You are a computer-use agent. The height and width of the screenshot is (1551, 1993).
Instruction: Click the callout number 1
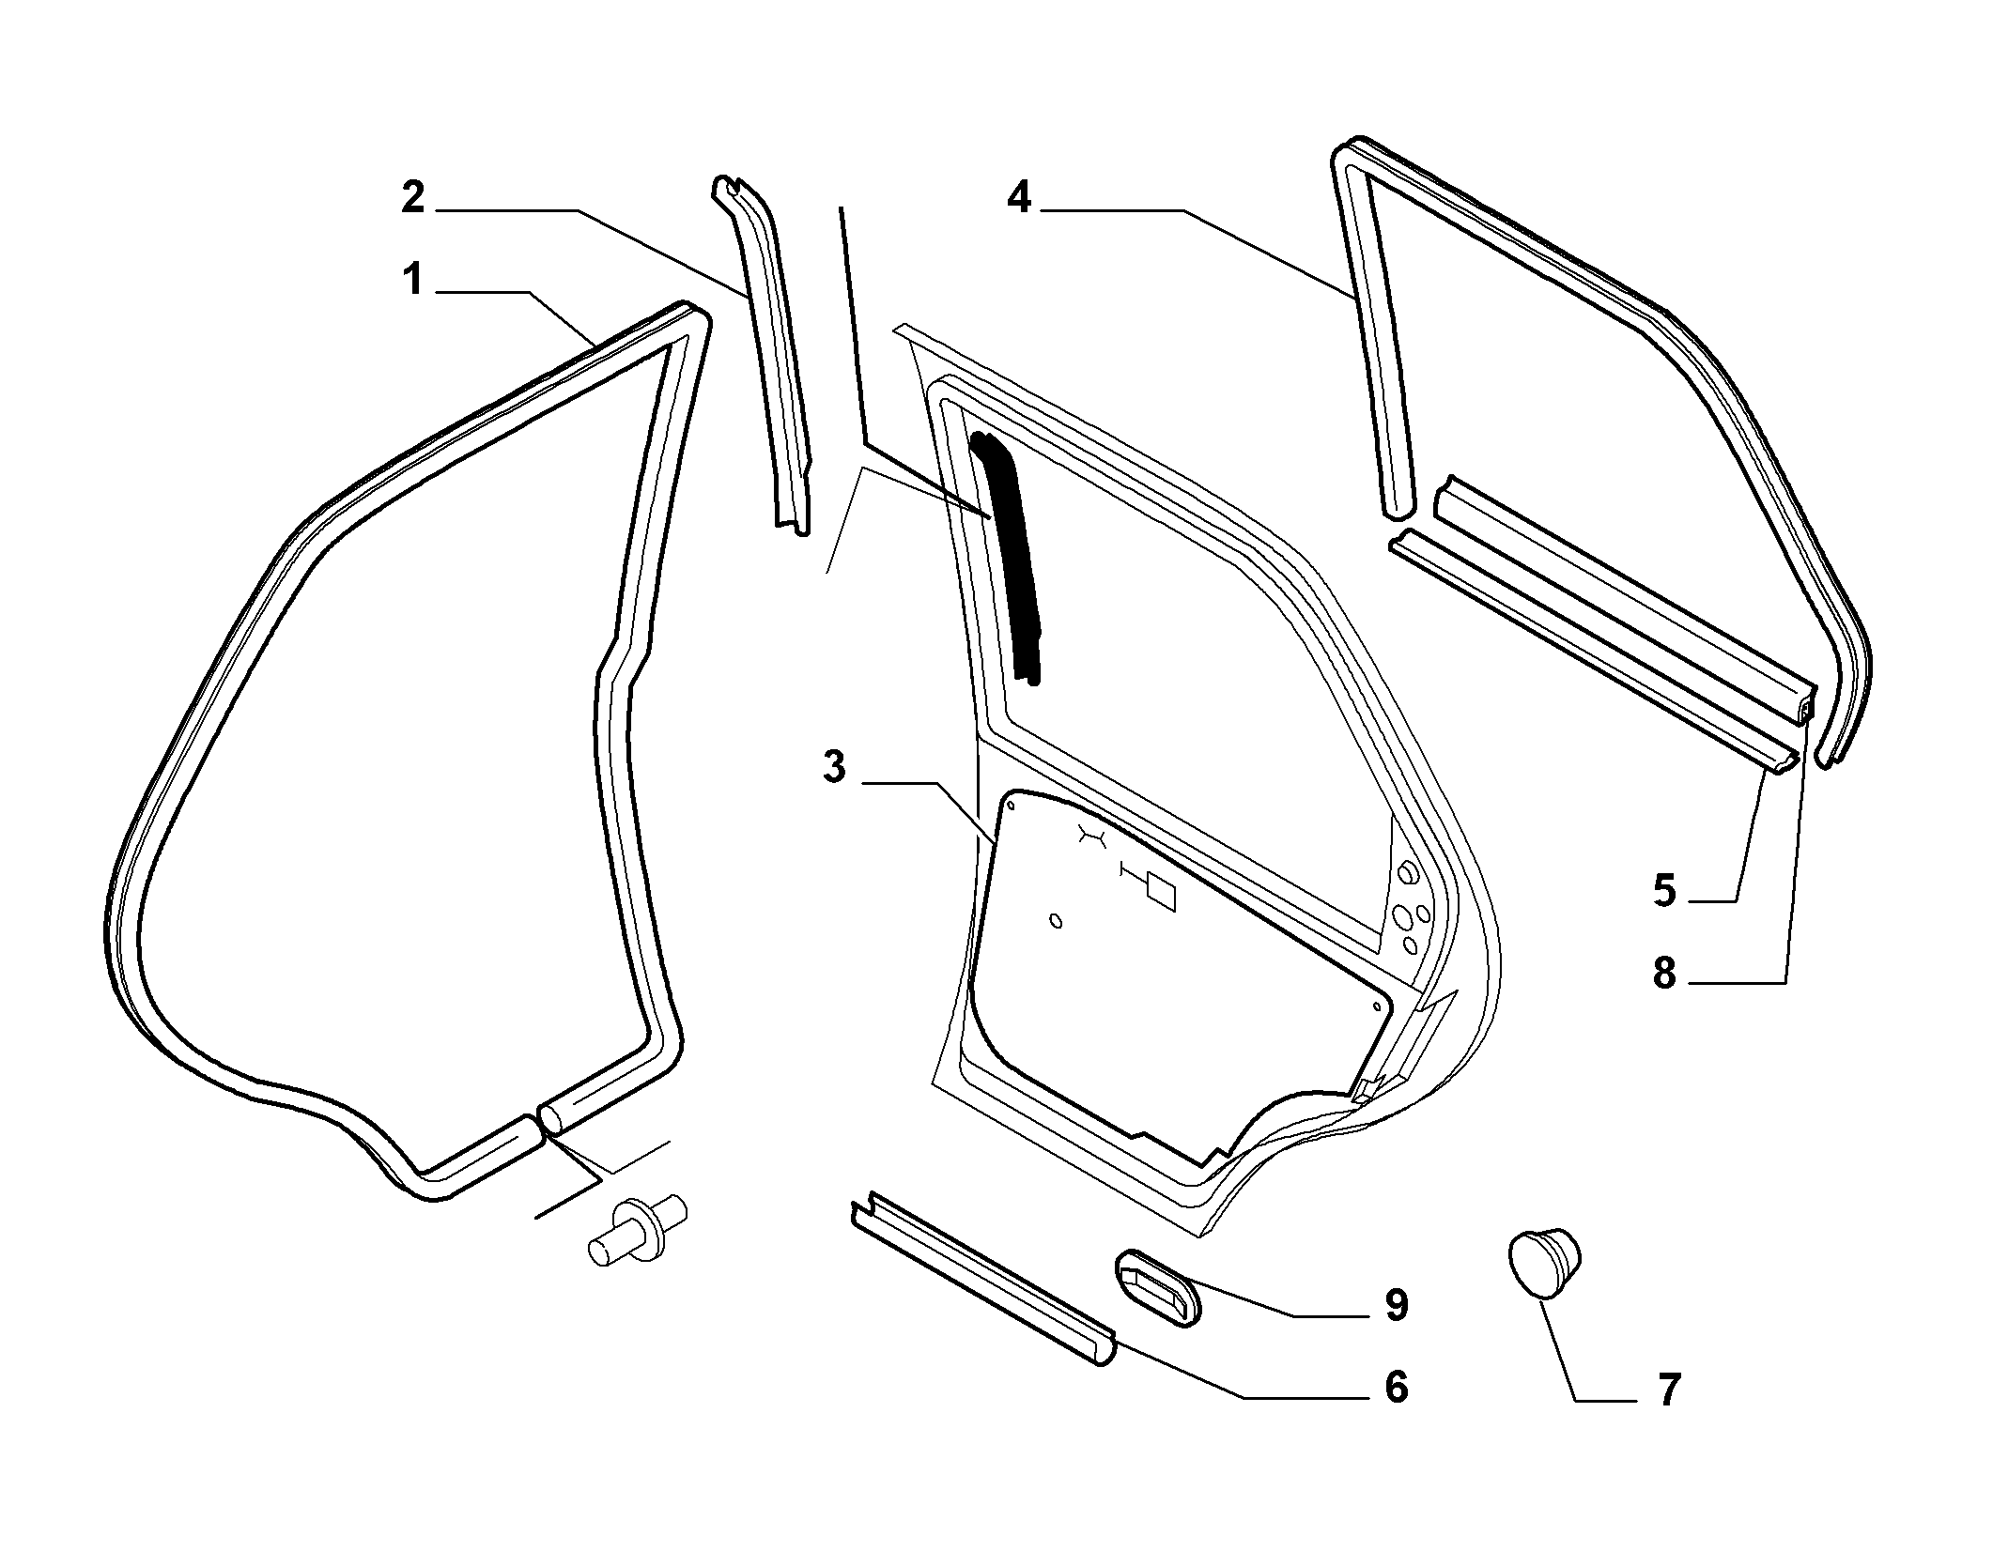[413, 280]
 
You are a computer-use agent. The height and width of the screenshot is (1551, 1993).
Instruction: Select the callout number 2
[413, 198]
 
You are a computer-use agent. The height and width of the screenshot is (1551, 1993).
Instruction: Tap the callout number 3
[833, 767]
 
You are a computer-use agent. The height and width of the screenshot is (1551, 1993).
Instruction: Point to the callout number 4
[1019, 198]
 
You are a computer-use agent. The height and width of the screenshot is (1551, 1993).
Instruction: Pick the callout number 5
[1664, 890]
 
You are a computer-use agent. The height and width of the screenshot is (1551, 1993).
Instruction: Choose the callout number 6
[1397, 1387]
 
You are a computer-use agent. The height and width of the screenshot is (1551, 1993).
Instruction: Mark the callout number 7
[1667, 1390]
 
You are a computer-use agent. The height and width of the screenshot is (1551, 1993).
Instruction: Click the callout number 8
[1664, 974]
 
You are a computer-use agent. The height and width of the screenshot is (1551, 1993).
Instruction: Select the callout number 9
[1397, 1305]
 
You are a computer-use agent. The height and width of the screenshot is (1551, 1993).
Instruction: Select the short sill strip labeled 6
[982, 1281]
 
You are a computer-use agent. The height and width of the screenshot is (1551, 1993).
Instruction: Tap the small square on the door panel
[1161, 893]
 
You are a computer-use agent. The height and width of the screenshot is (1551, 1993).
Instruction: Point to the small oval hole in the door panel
[1057, 921]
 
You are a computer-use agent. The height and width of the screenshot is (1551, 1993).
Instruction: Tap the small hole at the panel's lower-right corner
[1376, 1006]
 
